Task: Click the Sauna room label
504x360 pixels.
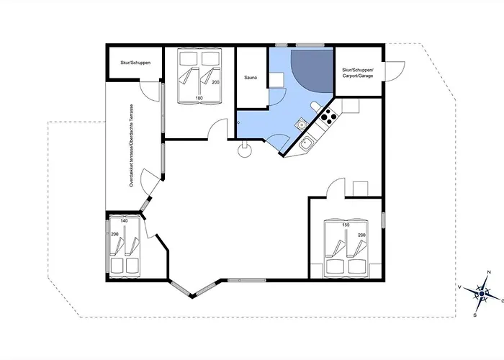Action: coord(251,78)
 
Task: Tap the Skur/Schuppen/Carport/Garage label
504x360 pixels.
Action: coord(358,73)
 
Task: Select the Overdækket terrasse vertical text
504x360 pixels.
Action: coord(131,145)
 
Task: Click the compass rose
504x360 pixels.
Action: coord(482,294)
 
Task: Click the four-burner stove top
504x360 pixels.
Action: coord(328,117)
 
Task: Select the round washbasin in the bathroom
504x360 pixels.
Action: coord(302,123)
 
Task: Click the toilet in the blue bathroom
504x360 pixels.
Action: coord(315,107)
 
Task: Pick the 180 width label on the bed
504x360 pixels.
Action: coord(199,98)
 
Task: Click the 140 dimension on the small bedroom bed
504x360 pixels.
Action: coord(124,221)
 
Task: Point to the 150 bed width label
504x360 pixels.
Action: coord(346,225)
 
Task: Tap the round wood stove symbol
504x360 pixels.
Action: coord(245,150)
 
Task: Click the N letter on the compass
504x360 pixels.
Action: coord(489,272)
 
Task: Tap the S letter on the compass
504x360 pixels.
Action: coord(474,315)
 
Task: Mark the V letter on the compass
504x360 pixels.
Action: coord(460,287)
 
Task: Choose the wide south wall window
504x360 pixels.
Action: coord(247,281)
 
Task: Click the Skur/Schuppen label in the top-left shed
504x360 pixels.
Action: coord(135,63)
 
